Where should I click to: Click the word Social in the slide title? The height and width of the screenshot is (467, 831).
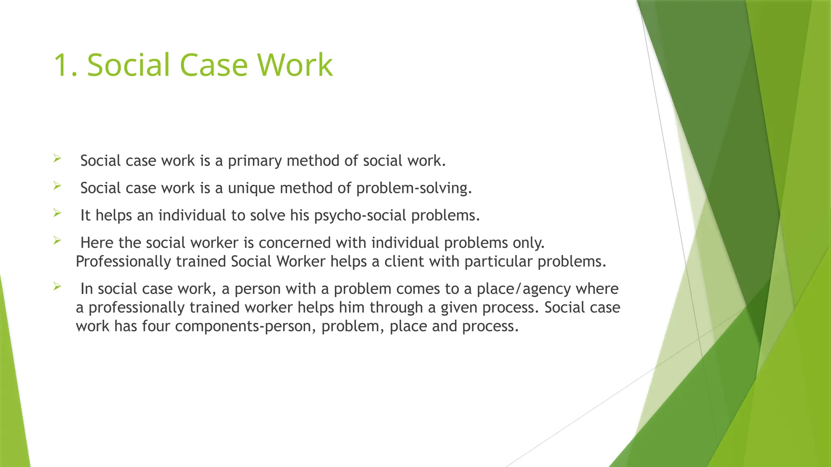point(128,65)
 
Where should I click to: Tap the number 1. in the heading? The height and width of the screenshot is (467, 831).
point(65,65)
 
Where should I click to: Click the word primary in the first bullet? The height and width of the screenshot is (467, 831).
point(255,161)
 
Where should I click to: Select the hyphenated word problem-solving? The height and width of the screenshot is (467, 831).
point(414,189)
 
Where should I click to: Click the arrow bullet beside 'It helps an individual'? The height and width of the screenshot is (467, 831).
point(57,213)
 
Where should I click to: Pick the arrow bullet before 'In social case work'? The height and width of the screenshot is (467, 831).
point(57,287)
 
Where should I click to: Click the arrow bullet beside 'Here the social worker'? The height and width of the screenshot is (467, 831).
point(57,240)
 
